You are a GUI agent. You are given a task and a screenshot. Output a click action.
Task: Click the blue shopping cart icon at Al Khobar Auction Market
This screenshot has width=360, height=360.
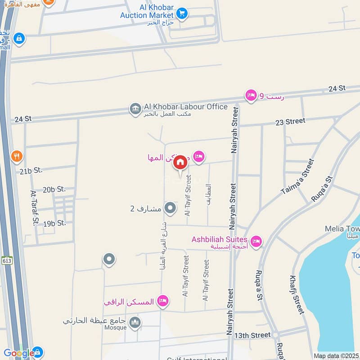point(182,13)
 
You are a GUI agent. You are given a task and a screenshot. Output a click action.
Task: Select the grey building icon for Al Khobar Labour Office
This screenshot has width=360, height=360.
point(135,108)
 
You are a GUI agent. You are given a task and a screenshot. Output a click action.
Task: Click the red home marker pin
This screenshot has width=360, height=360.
point(180,162)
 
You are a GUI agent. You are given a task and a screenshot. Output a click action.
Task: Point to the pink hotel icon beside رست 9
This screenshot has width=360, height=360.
point(251,95)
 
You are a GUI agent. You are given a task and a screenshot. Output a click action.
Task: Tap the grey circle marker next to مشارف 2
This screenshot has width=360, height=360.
point(170,208)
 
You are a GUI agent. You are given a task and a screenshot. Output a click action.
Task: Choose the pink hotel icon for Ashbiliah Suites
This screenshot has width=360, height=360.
point(256,242)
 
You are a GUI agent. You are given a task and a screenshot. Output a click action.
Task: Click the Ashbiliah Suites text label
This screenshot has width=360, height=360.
point(220,239)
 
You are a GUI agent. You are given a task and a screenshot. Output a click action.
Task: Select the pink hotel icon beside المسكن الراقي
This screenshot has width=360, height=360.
point(163,301)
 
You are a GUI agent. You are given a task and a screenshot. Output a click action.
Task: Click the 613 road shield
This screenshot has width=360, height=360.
point(7,261)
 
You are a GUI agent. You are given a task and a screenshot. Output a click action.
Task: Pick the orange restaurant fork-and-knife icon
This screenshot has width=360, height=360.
point(17,156)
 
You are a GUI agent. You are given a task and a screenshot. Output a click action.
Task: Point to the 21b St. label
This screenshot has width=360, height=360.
point(31,170)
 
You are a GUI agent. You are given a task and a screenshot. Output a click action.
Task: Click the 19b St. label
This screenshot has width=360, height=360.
point(55,223)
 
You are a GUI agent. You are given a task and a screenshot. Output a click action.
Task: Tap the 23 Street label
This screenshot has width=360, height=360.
point(290,121)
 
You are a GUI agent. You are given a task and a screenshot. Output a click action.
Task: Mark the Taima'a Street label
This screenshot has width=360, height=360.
point(297,176)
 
